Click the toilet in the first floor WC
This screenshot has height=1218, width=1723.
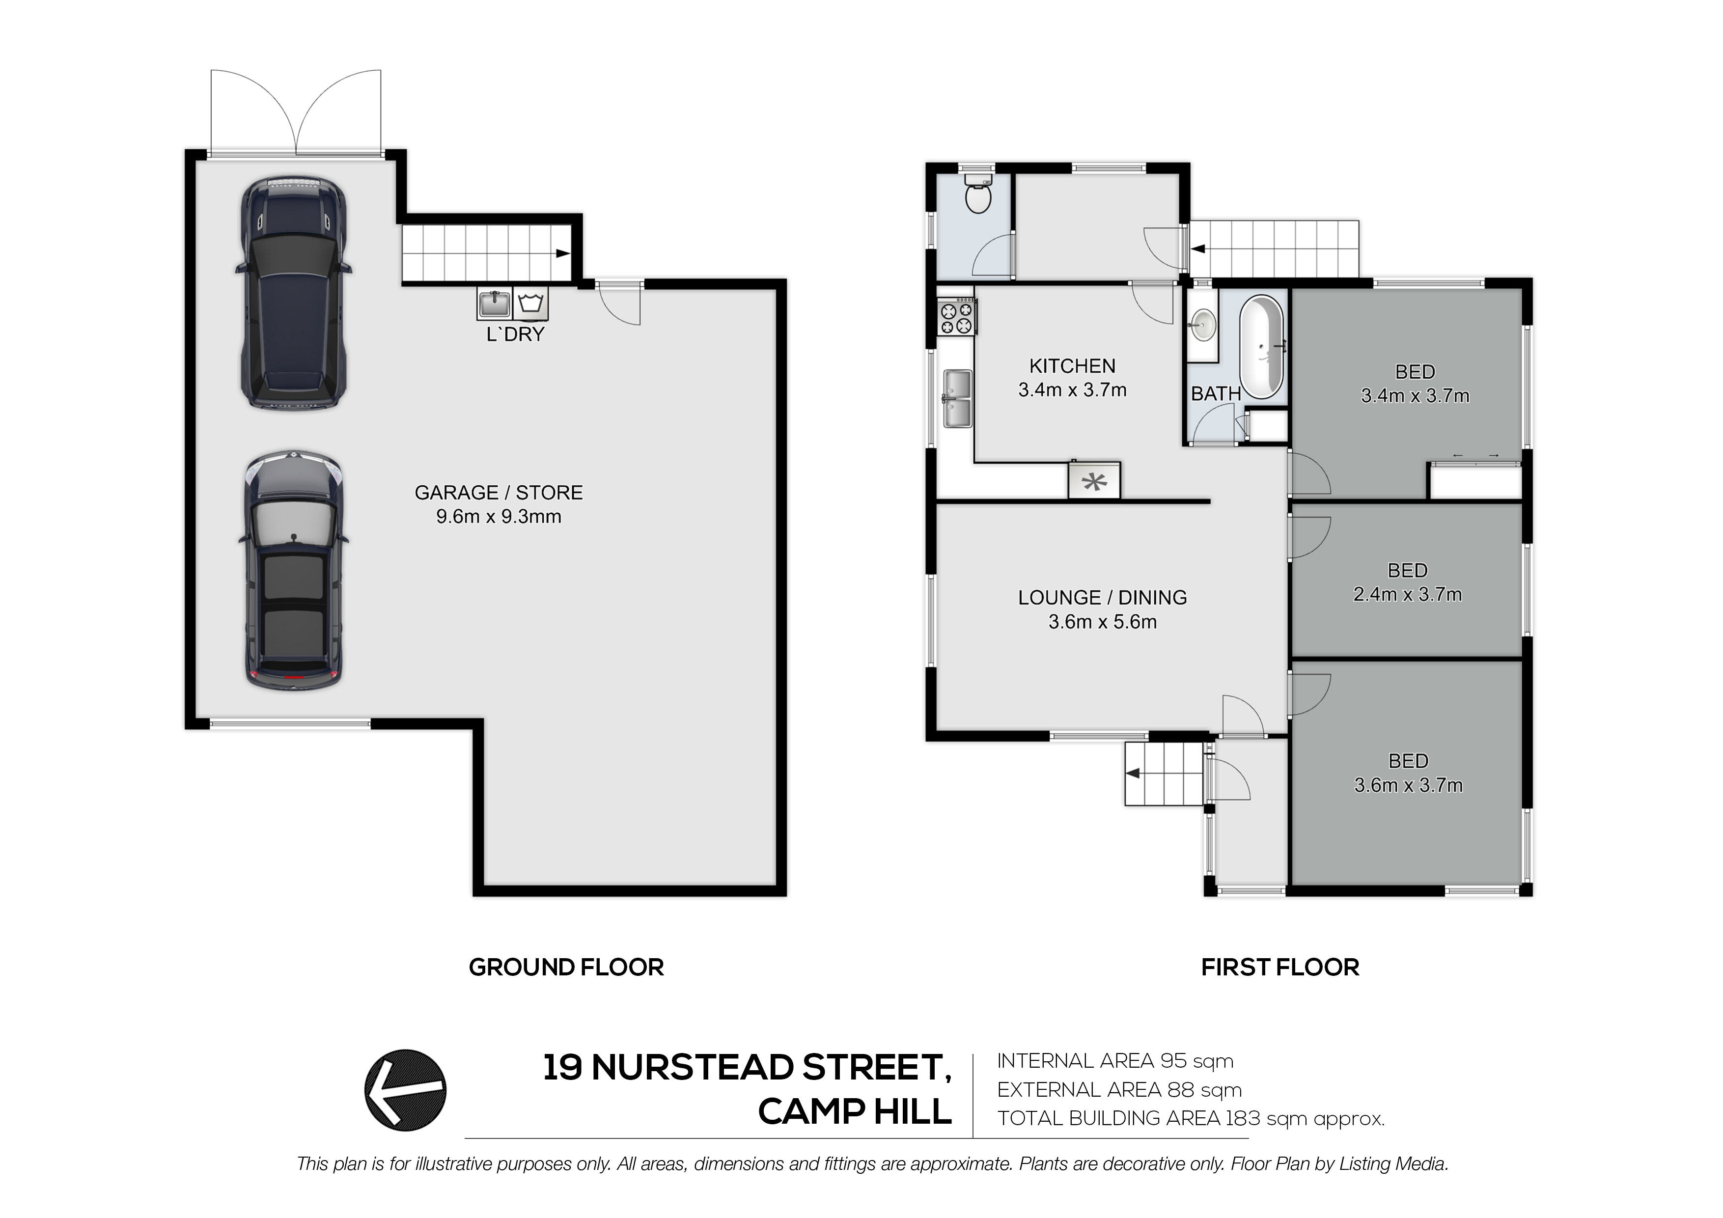978,194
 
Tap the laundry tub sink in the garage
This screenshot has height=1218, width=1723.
494,304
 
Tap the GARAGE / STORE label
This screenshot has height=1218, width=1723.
499,492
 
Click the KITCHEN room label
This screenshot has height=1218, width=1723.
1072,366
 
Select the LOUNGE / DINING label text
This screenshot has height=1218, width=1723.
1102,597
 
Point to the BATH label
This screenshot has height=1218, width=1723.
1216,393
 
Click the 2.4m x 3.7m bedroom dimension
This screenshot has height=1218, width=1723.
1408,594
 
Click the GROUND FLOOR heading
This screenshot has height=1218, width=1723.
567,968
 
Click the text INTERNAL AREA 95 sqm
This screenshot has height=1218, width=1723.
1115,1061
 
